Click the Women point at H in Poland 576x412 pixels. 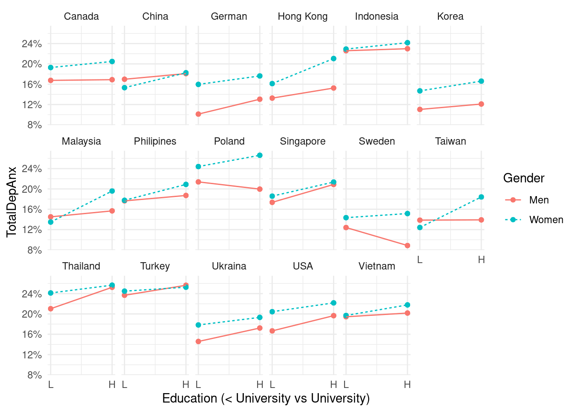click(x=260, y=155)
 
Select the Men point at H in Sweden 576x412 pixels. click(x=407, y=245)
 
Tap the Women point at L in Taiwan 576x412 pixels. click(x=420, y=227)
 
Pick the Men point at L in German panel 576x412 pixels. click(x=198, y=114)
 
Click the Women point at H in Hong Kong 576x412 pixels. click(x=333, y=58)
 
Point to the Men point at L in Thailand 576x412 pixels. click(x=51, y=309)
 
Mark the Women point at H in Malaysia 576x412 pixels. click(x=112, y=191)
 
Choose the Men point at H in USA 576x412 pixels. click(x=333, y=316)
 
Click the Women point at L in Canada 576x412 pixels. click(x=51, y=67)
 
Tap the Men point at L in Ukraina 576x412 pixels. click(x=198, y=342)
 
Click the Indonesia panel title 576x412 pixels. click(x=377, y=16)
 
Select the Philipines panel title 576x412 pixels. click(x=155, y=141)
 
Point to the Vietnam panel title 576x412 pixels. click(x=377, y=266)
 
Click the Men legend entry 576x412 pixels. click(x=539, y=200)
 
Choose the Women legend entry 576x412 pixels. click(x=546, y=220)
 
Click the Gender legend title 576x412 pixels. click(x=524, y=178)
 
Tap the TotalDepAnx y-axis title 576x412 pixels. click(x=12, y=202)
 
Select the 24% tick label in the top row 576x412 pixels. click(x=32, y=44)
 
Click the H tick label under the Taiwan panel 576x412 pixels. click(x=481, y=260)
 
